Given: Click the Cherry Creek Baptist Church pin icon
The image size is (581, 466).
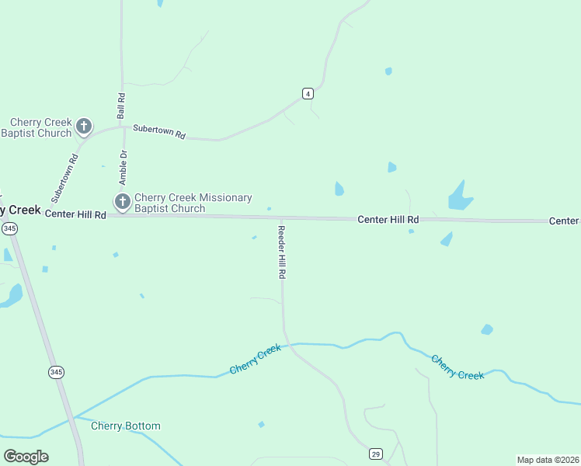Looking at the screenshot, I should tap(84, 126).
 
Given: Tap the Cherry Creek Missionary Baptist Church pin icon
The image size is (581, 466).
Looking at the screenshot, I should tap(122, 202).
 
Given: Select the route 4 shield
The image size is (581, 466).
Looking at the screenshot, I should tap(308, 94).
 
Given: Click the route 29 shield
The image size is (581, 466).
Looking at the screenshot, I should tap(375, 454).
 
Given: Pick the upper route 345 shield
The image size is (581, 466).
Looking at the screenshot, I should tap(9, 228).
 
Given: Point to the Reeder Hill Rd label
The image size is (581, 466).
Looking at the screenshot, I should tap(283, 252).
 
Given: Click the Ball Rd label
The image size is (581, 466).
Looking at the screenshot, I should tap(121, 106).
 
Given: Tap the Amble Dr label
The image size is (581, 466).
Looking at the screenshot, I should tap(123, 165).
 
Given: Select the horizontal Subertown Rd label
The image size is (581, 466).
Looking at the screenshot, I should tap(159, 132).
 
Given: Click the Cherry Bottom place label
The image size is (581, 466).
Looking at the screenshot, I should tap(126, 426).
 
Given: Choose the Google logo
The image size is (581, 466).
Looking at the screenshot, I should tap(26, 456).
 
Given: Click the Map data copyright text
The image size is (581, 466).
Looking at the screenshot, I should tap(548, 460).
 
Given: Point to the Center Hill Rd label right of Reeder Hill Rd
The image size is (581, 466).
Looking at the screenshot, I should tap(388, 220).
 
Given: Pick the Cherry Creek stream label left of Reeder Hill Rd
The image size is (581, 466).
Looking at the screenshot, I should tap(256, 360).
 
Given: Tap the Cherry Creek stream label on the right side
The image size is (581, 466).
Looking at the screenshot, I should tap(457, 367).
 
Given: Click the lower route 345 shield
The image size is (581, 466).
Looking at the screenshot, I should tap(56, 372).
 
